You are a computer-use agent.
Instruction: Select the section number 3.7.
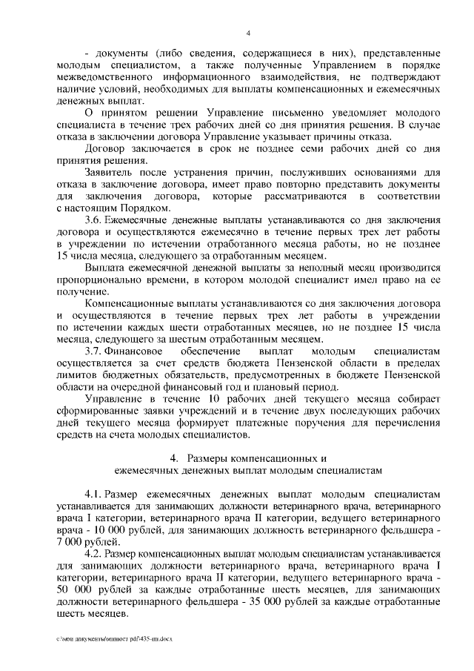[x=96, y=350]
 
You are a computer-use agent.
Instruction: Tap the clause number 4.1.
[x=95, y=494]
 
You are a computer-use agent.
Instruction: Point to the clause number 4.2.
[x=95, y=553]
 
